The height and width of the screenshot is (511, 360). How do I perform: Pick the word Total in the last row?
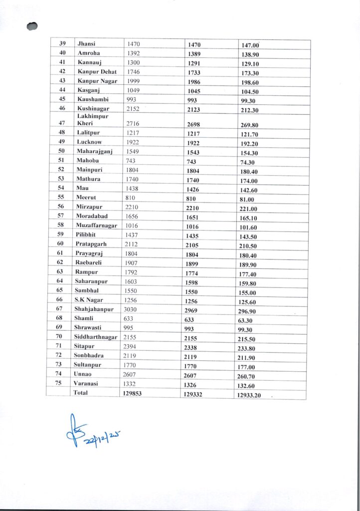point(81,393)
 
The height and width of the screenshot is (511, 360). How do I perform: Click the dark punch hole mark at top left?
point(33,25)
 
